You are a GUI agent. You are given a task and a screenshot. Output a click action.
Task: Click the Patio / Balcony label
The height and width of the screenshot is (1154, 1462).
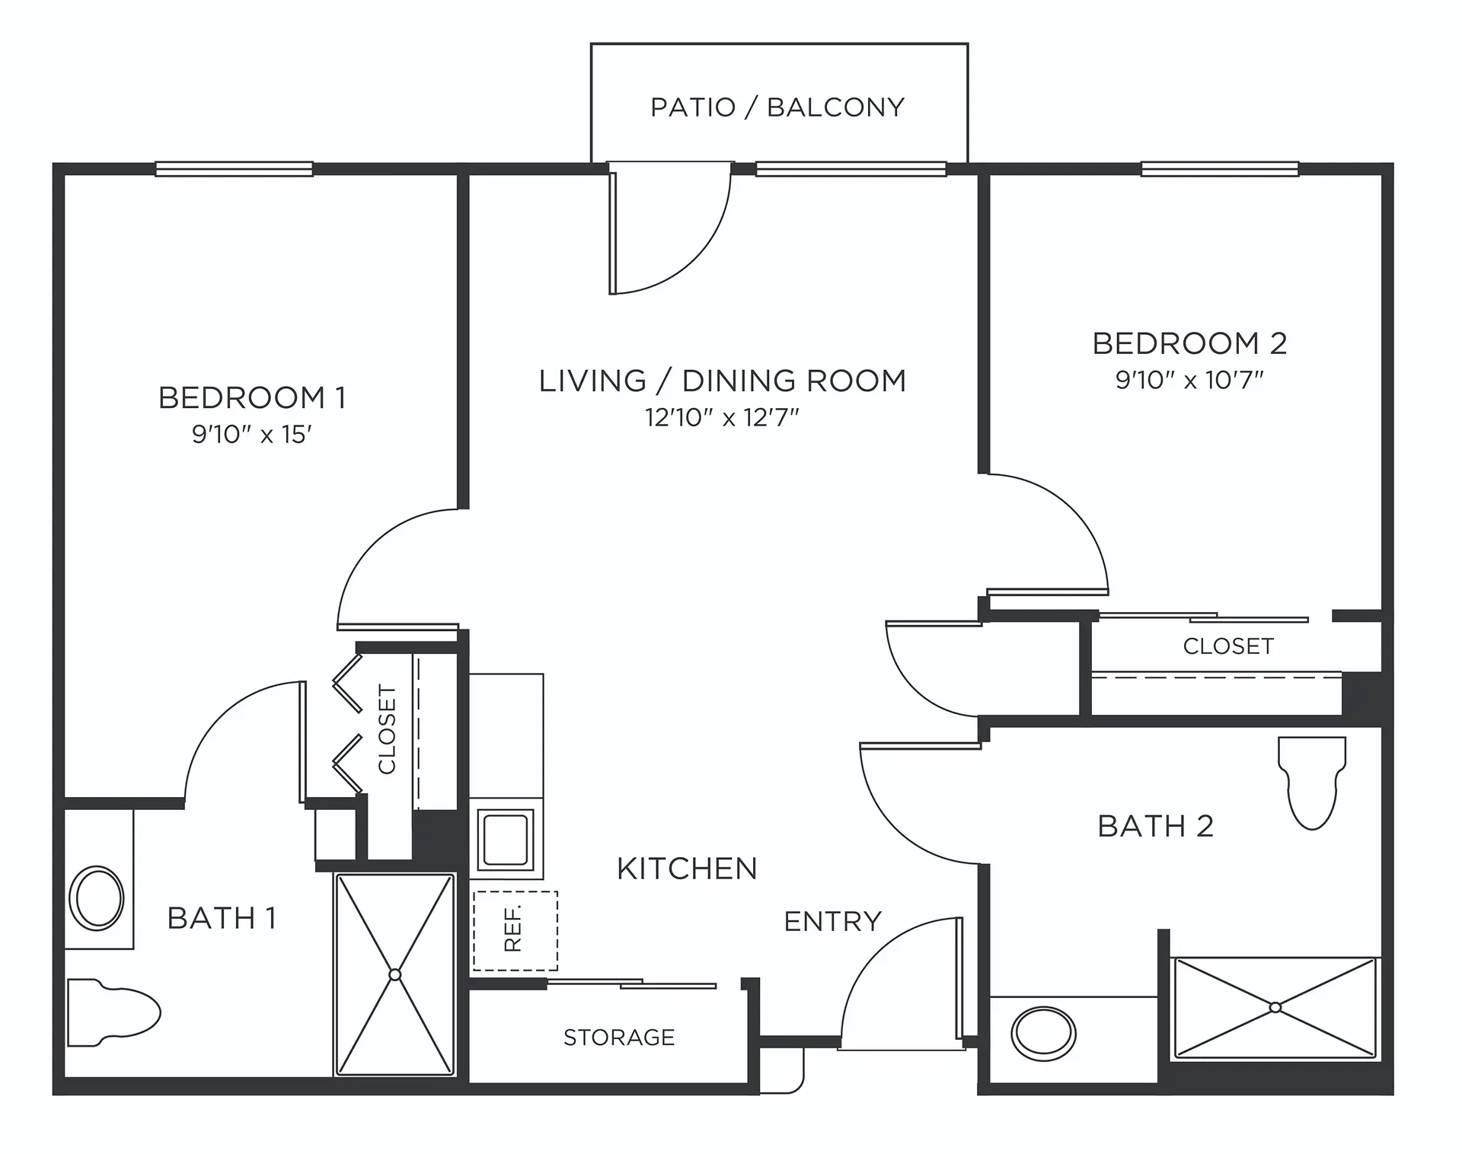click(777, 107)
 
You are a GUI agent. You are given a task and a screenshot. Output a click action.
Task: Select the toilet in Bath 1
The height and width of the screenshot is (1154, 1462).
click(114, 1012)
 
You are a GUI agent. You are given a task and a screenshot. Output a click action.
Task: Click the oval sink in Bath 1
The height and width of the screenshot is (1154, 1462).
click(97, 898)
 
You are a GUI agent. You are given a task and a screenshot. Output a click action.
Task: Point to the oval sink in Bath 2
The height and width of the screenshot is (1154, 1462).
click(1043, 1034)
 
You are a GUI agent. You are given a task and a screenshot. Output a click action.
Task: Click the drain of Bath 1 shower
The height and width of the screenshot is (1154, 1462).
click(394, 974)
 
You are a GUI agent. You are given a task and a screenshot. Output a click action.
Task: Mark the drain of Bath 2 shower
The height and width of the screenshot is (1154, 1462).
click(1275, 1007)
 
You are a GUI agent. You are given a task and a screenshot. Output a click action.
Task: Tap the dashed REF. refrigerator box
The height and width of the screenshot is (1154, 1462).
click(516, 930)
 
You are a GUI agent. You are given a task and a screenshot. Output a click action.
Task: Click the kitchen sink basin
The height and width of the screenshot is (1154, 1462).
click(506, 839)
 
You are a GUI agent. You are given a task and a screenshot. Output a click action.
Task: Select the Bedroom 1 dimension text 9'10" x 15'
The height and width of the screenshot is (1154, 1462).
click(252, 435)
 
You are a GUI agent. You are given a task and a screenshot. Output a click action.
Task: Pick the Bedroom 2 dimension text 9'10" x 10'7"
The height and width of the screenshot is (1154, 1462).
click(1189, 380)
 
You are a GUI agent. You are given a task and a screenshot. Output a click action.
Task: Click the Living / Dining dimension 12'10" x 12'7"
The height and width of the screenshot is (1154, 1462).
click(722, 418)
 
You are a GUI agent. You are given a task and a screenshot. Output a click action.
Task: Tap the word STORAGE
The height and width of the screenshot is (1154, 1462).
click(619, 1038)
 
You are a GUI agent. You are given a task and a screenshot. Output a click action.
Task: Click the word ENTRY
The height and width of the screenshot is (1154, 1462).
click(832, 922)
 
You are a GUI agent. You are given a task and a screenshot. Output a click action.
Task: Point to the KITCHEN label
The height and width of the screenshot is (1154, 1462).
click(687, 869)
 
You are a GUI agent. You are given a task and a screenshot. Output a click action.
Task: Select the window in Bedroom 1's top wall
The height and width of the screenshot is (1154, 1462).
click(234, 169)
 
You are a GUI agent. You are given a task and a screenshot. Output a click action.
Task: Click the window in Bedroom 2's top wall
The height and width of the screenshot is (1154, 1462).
click(1219, 169)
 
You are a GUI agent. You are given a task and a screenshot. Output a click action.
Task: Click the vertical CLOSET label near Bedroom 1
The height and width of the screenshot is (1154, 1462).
click(388, 729)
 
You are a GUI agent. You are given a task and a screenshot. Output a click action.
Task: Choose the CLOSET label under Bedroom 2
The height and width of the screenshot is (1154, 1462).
click(1227, 646)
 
